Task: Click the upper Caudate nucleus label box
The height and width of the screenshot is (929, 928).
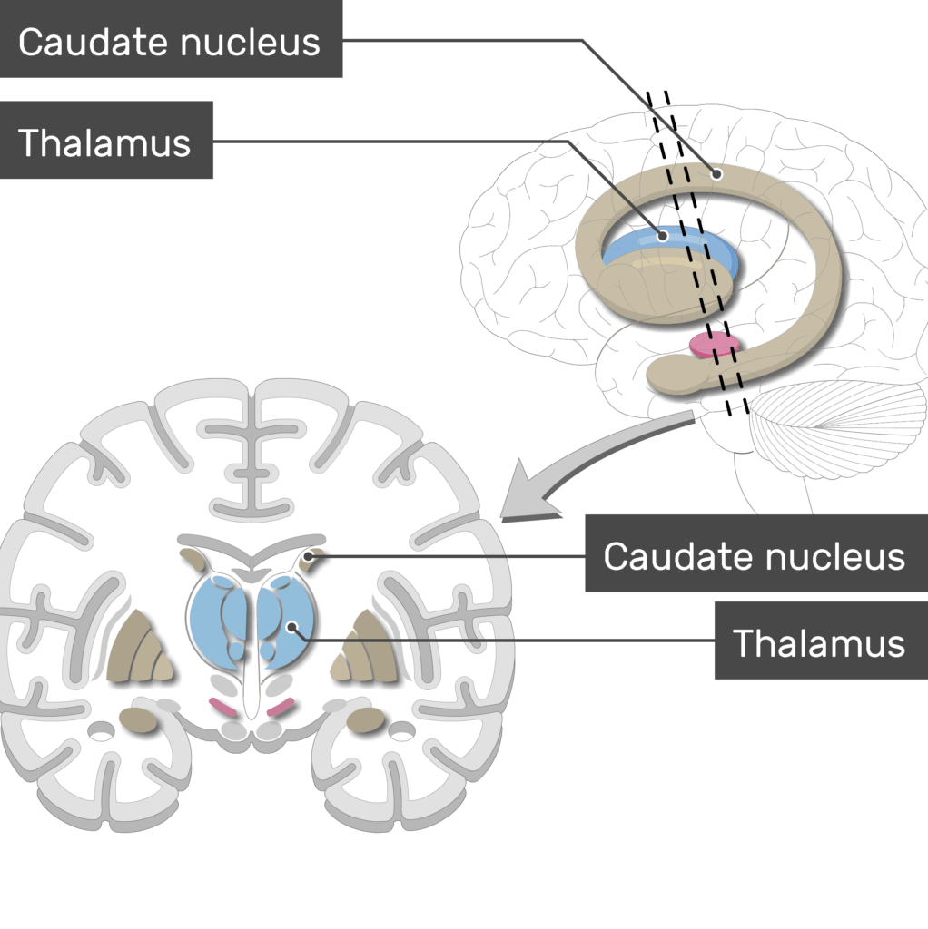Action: coord(170,42)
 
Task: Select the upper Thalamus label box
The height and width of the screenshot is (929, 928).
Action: coord(105,142)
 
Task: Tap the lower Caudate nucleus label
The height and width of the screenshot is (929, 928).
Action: coord(754,555)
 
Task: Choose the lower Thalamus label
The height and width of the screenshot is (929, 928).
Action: coord(819,642)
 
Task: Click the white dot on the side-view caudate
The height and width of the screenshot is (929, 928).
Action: coord(716,174)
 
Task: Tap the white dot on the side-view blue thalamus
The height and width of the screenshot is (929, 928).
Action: coord(663,236)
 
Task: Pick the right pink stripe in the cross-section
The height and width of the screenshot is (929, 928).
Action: coord(281,706)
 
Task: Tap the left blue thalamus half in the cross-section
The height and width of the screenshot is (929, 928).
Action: coord(214,617)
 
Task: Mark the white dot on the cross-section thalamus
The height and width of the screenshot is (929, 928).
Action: coord(291,626)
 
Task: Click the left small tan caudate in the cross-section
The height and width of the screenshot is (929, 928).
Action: coord(193,558)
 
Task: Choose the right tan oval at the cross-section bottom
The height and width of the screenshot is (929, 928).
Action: coord(366,720)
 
